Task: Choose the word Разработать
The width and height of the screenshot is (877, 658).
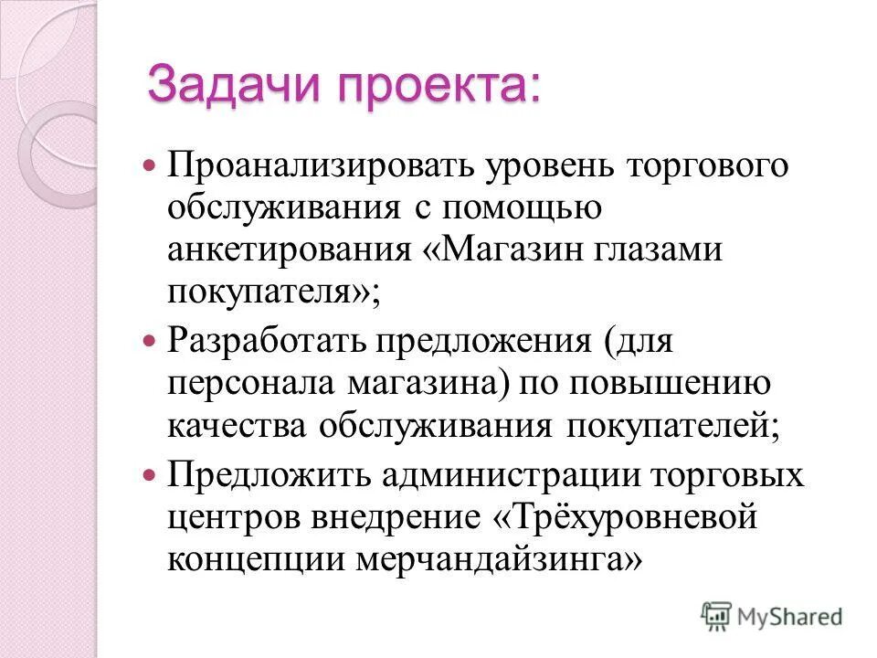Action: pyautogui.click(x=261, y=345)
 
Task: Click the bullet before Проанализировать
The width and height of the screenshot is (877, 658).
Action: pyautogui.click(x=152, y=168)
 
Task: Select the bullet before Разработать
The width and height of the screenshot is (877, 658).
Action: pyautogui.click(x=152, y=345)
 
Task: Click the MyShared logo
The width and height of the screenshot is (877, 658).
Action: pyautogui.click(x=772, y=615)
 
